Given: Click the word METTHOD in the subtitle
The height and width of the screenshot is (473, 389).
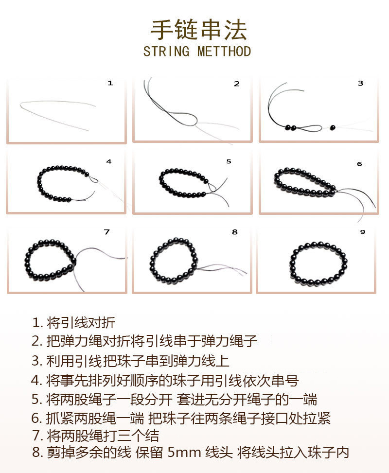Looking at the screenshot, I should [x=224, y=51].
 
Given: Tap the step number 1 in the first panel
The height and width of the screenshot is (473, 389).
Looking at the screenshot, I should [x=110, y=83].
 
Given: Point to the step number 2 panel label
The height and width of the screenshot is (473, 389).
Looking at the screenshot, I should [x=237, y=84].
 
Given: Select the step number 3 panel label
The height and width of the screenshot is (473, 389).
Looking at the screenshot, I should [x=360, y=83].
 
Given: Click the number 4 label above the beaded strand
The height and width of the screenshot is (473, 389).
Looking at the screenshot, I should [x=109, y=161].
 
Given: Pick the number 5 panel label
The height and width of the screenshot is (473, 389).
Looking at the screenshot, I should [x=229, y=161].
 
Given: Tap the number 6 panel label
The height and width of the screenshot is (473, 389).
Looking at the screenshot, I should [x=359, y=164].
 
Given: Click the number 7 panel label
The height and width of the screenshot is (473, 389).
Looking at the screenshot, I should [x=107, y=232].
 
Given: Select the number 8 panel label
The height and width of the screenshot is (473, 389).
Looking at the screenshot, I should [x=235, y=232].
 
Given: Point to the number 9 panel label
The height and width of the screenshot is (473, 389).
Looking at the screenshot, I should [x=362, y=232].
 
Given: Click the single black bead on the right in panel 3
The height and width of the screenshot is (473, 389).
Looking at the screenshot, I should [x=333, y=128].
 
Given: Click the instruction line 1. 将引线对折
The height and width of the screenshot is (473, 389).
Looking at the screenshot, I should [x=73, y=322].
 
